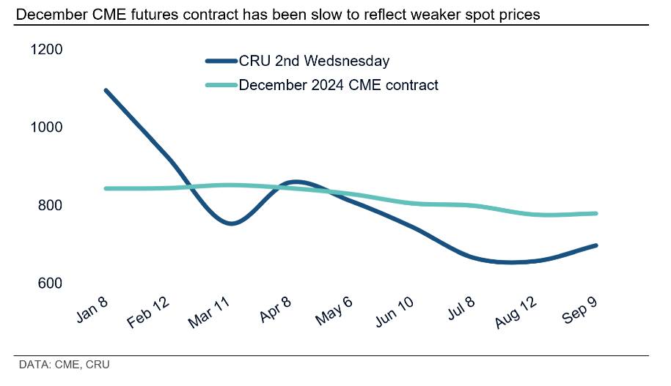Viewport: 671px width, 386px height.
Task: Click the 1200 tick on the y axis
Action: click(x=47, y=50)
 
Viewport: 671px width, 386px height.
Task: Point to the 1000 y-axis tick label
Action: click(x=47, y=127)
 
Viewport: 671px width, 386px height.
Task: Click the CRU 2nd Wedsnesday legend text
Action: click(x=314, y=62)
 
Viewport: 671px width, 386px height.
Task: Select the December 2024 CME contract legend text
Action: click(x=338, y=85)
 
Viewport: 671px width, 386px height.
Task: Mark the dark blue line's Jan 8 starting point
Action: click(x=106, y=90)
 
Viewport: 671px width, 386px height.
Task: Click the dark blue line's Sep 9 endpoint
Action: click(x=596, y=245)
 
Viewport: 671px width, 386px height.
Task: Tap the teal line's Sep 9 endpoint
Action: click(x=596, y=214)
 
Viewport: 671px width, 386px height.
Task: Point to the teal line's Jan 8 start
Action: click(x=106, y=188)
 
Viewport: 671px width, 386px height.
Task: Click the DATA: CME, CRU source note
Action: click(x=65, y=364)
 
